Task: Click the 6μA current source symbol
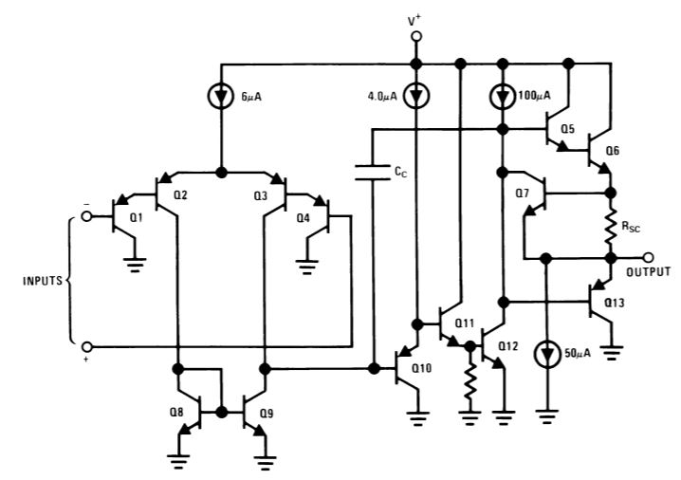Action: pyautogui.click(x=221, y=97)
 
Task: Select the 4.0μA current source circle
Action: pyautogui.click(x=414, y=96)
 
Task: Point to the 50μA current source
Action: pyautogui.click(x=545, y=353)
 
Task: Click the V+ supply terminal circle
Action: pyautogui.click(x=414, y=36)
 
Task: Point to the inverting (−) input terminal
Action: pyautogui.click(x=87, y=215)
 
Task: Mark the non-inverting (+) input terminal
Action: pyautogui.click(x=87, y=346)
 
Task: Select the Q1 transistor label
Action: pyautogui.click(x=135, y=217)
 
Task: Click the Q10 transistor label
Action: pyautogui.click(x=433, y=367)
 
